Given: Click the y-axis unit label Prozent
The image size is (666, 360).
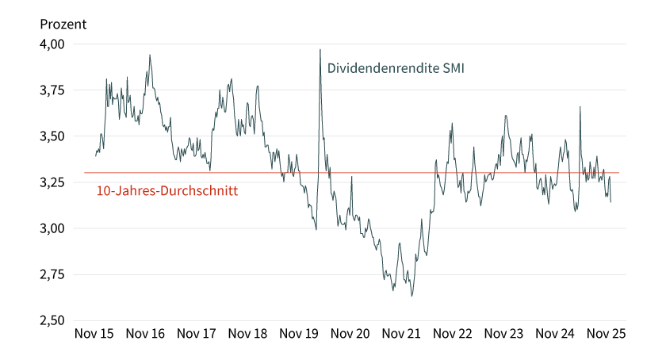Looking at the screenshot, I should (x=63, y=24).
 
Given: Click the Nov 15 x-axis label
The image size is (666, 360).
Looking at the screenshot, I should (x=94, y=334).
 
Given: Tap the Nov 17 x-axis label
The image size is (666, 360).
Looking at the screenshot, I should (x=197, y=334).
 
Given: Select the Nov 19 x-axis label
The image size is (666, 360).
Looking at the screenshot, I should (x=300, y=334).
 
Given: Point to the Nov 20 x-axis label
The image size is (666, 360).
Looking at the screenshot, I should (x=351, y=334).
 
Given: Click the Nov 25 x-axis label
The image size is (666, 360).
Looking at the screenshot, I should (x=607, y=334).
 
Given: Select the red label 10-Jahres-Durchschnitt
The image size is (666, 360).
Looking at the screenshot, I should (x=167, y=191).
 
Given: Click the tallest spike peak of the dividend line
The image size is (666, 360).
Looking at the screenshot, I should (x=320, y=50).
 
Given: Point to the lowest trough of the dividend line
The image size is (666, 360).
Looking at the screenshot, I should (x=411, y=296).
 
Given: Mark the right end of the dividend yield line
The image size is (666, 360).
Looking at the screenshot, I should (x=610, y=201).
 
